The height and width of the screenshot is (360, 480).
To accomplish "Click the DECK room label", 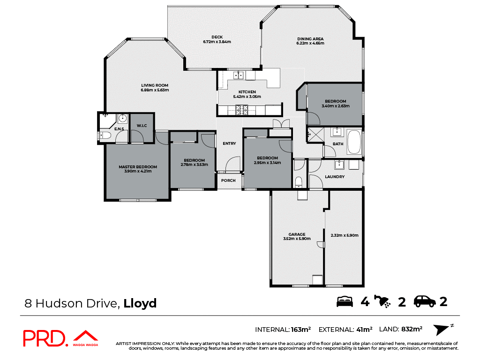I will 217,37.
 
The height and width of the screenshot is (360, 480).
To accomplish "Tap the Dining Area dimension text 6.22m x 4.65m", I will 310,43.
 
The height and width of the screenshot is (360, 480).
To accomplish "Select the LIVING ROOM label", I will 155,85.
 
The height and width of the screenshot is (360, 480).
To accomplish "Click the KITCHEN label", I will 247,92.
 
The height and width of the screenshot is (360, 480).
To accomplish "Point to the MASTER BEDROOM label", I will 137,167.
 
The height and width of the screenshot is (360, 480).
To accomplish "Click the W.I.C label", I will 142,126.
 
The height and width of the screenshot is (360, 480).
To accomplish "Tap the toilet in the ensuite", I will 106,136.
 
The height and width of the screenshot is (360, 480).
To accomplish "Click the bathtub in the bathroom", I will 353,143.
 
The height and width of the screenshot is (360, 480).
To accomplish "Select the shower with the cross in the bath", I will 315,135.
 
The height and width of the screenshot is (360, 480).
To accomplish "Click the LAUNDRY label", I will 335,177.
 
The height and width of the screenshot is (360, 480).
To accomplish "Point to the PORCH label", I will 228,180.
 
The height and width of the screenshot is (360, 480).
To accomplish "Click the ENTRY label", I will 229,143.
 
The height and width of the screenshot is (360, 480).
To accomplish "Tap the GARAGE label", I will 297,234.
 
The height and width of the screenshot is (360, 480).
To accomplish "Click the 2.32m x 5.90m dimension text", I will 345,235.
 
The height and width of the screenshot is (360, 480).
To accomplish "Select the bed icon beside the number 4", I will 345,302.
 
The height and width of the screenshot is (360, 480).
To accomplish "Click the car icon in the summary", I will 424,302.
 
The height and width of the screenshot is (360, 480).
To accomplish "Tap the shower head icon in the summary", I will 384,302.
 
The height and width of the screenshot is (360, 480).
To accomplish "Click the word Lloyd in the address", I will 140,303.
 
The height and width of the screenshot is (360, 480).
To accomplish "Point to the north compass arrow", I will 442,330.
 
